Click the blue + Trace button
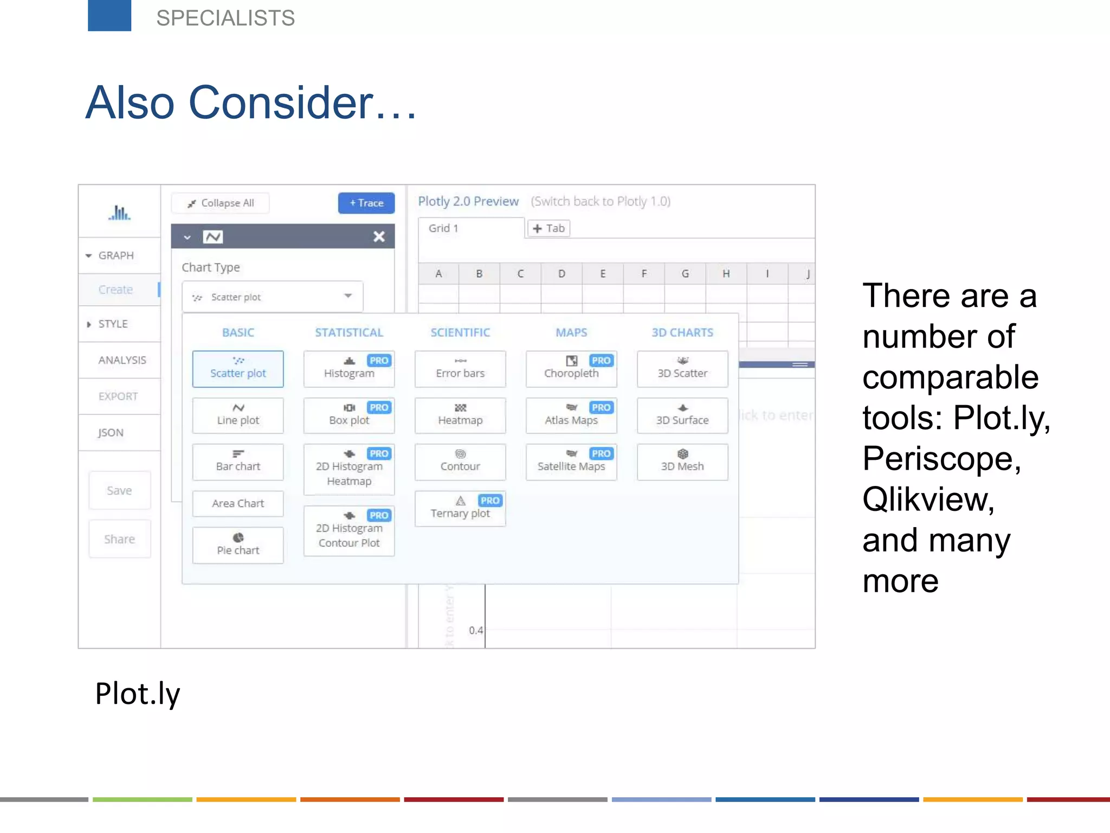[x=366, y=203]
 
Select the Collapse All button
[x=220, y=203]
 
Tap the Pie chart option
[x=238, y=545]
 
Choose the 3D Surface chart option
[x=682, y=415]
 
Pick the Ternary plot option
[x=460, y=508]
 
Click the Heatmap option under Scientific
[x=460, y=415]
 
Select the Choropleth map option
[x=571, y=369]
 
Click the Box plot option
[x=349, y=415]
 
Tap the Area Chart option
[x=238, y=503]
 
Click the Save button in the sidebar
[x=119, y=490]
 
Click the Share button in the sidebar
[x=119, y=539]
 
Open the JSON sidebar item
[x=111, y=433]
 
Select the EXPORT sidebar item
[x=118, y=396]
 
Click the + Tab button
[x=549, y=228]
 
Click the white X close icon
[x=379, y=236]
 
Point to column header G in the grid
[x=685, y=274]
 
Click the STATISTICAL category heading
[x=349, y=332]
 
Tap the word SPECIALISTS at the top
[x=225, y=18]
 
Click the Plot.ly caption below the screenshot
[x=138, y=694]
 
